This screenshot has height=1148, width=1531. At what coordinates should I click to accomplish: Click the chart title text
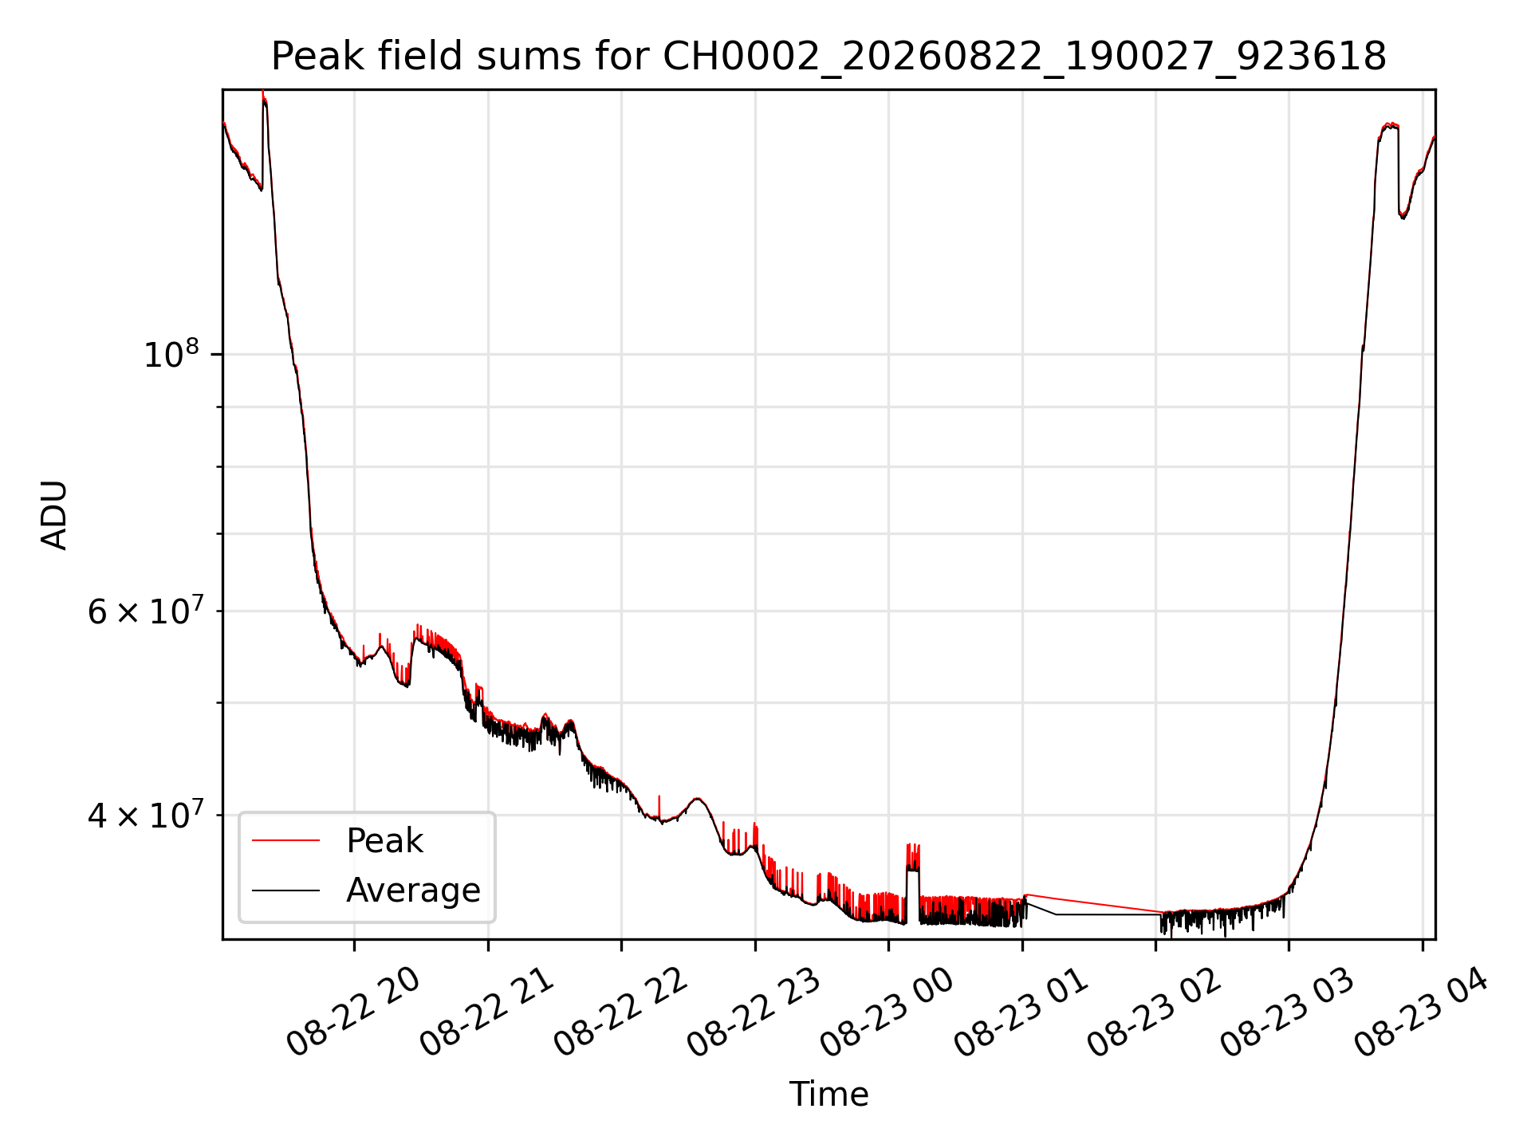coord(828,57)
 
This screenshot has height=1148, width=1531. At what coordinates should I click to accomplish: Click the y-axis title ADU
coord(54,515)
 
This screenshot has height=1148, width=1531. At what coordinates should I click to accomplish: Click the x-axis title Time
coord(828,1094)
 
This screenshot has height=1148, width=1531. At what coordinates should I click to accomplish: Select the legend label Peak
coord(384,841)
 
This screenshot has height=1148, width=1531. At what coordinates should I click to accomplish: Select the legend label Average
coord(413,890)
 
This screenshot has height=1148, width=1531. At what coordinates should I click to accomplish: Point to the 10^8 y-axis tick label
coord(171,353)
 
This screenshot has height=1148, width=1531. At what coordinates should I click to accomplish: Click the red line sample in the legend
coord(285,840)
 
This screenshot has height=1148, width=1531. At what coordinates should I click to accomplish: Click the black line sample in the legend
coord(285,890)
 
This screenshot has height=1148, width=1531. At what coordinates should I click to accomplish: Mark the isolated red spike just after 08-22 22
coord(659,807)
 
